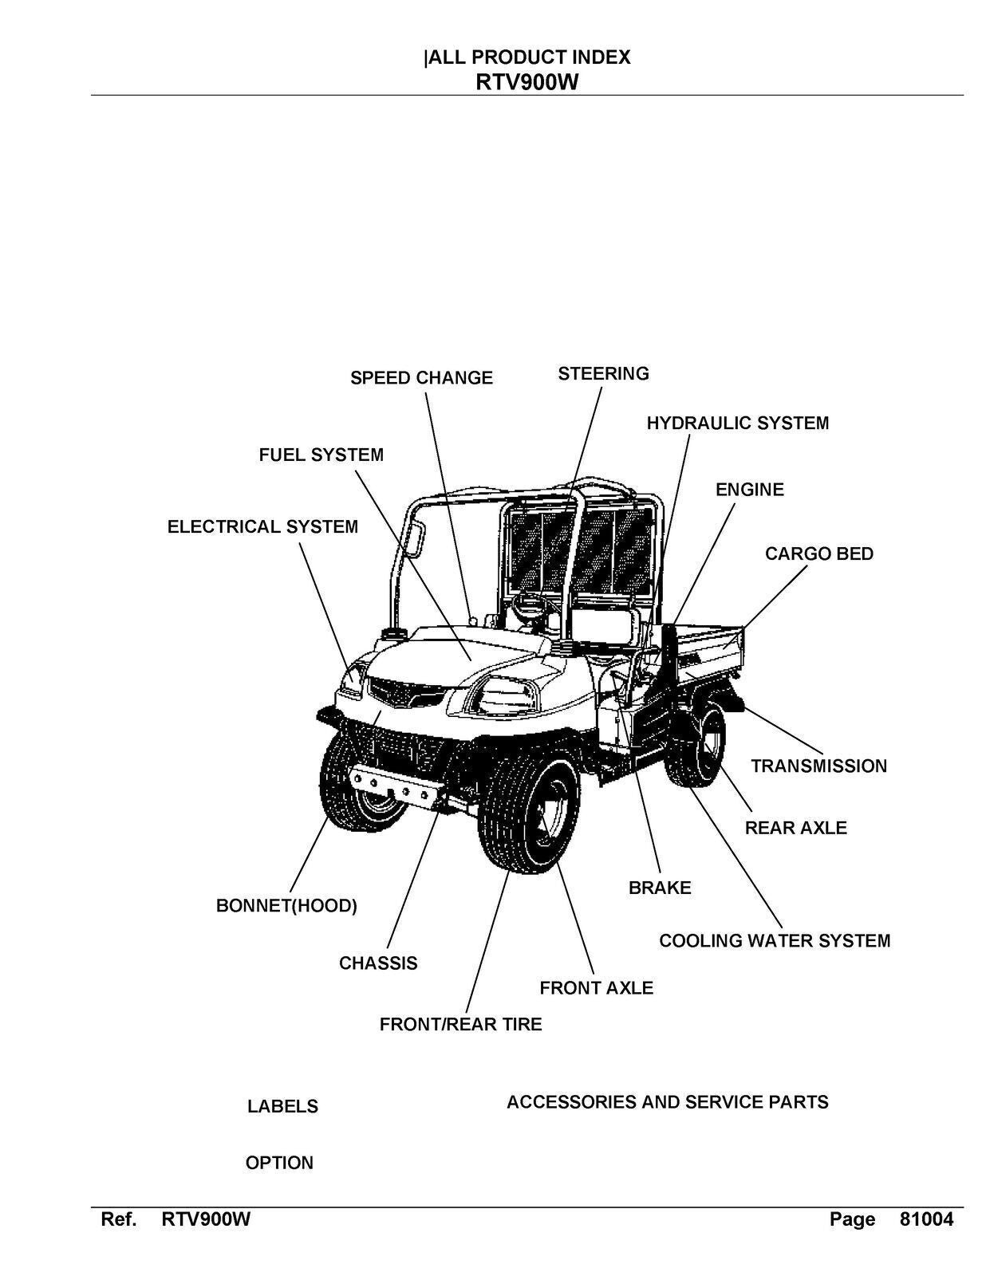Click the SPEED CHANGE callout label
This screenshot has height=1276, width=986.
click(x=421, y=378)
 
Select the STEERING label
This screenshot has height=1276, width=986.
click(x=603, y=373)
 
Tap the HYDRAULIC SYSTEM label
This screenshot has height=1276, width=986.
click(x=737, y=423)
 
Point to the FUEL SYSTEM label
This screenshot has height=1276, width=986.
click(x=321, y=455)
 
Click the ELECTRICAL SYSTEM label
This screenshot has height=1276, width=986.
click(x=262, y=527)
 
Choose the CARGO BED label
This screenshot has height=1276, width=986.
click(x=818, y=553)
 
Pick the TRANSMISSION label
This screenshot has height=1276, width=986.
click(x=818, y=766)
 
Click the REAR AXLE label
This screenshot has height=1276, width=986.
click(x=795, y=828)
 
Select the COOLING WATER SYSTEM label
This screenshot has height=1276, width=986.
click(x=774, y=941)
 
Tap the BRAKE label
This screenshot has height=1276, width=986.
click(x=660, y=888)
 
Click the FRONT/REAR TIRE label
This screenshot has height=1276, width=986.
click(x=460, y=1024)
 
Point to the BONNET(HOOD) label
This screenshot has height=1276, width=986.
click(x=286, y=906)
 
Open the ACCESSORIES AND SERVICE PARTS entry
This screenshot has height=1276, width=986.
click(x=667, y=1102)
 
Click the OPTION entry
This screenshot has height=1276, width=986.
click(x=279, y=1163)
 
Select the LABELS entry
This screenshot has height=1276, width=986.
click(x=282, y=1106)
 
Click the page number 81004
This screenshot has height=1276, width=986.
click(x=925, y=1219)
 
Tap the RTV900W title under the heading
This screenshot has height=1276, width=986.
click(x=527, y=82)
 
